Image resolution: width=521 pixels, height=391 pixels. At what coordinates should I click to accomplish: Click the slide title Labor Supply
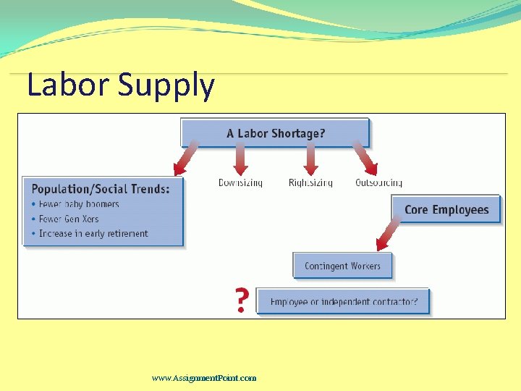coord(120,85)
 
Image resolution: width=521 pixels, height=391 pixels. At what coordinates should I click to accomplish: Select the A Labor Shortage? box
coord(275,133)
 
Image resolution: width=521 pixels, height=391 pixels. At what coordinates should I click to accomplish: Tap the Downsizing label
coord(240,183)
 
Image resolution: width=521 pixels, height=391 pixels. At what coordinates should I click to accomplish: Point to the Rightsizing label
coord(310,183)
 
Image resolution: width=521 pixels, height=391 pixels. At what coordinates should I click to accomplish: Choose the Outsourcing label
coord(378,183)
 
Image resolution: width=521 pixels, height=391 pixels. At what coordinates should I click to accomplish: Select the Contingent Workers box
coord(342,266)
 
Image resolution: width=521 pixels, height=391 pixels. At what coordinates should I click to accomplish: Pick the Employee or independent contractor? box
coord(343,301)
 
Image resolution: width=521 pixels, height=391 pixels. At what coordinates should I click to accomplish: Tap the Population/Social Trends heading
coord(101,189)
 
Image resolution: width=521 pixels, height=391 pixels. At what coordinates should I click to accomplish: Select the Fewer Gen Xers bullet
coord(69,219)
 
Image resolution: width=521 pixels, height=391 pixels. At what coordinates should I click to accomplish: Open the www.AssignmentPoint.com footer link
coord(204,378)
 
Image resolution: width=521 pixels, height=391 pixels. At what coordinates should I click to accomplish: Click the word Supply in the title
coord(166,85)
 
